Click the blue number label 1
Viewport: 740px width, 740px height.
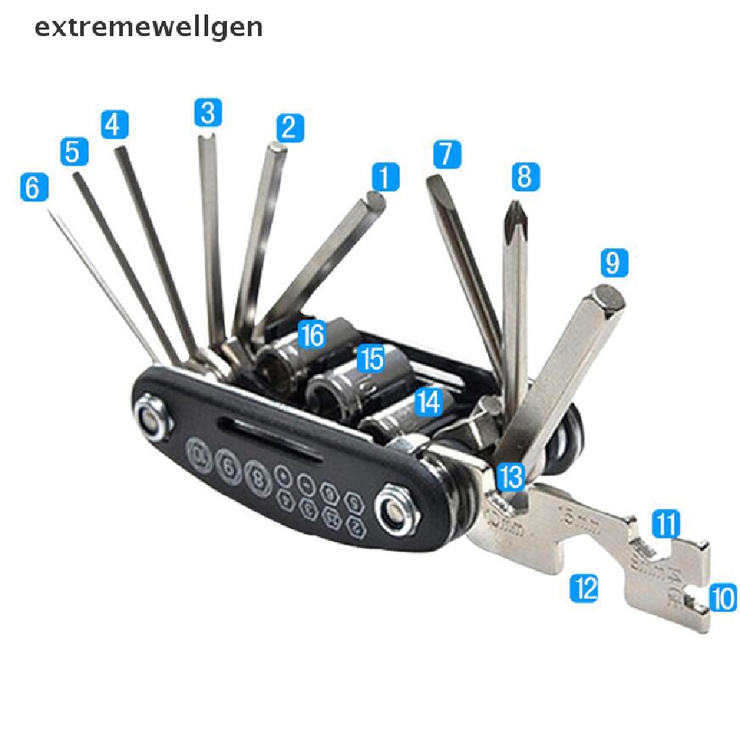(x=385, y=177)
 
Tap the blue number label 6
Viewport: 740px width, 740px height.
(x=33, y=188)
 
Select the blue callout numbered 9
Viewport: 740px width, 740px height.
(x=613, y=263)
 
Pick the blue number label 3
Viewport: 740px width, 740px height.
(x=207, y=113)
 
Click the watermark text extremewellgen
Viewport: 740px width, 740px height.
(x=148, y=27)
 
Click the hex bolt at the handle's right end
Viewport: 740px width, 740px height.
(x=397, y=512)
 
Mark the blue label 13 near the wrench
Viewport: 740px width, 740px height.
(x=512, y=477)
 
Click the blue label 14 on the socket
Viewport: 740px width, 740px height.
(x=429, y=403)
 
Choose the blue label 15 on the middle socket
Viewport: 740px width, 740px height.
(x=371, y=358)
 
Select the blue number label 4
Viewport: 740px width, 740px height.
(x=113, y=124)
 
